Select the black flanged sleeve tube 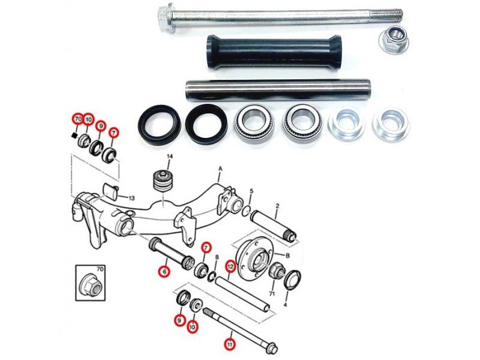(274, 52)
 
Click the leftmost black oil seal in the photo (160, 124)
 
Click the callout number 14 (170, 157)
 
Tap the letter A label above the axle (220, 169)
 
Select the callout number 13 (131, 198)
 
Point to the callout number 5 (251, 191)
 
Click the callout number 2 (277, 206)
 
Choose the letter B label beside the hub (287, 256)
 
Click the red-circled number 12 (230, 267)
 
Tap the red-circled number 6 (164, 271)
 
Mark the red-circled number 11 (230, 344)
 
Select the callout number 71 (272, 294)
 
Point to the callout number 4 (286, 305)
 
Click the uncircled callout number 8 (217, 257)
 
